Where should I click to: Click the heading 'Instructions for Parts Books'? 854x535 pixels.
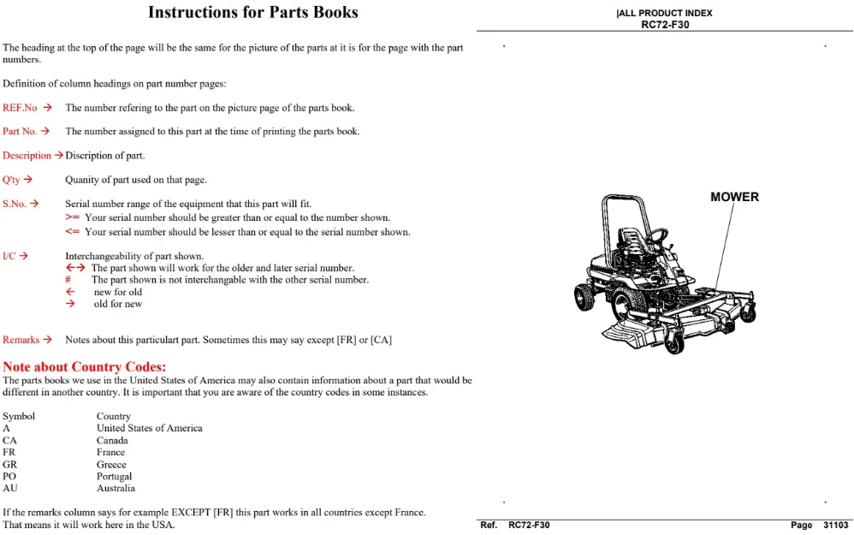coord(253,12)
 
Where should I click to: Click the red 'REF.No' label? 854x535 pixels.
coord(21,108)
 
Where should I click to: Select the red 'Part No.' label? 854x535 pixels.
coord(20,131)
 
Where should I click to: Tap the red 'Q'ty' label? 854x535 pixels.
coord(11,180)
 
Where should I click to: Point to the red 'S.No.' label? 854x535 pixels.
coord(15,204)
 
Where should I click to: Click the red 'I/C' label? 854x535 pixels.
coord(9,256)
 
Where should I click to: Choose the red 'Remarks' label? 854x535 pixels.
coord(21,340)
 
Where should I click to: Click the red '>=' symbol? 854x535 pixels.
coord(73,217)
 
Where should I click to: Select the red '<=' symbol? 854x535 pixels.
coord(73,231)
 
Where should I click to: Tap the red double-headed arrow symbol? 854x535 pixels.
coord(75,267)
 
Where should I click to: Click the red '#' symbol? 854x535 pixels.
coord(68,280)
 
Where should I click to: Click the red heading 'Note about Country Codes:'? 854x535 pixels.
coord(85,366)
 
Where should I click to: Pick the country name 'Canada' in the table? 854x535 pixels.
coord(112,440)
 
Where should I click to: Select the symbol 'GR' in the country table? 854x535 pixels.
coord(9,465)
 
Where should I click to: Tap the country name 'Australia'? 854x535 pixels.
coord(116,488)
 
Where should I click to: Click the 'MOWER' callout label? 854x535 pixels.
coord(735,197)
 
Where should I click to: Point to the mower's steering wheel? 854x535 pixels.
coord(657,236)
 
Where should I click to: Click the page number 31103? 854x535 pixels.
coord(835,526)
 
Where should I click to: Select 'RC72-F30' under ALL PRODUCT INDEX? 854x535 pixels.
coord(665,25)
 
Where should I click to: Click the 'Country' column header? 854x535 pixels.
coord(114,416)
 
